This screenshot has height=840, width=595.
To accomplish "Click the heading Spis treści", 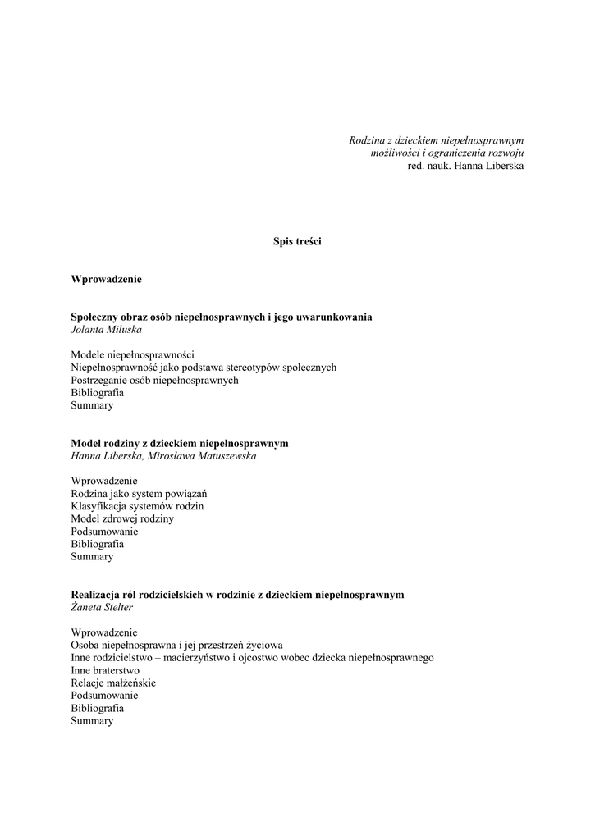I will click(297, 241).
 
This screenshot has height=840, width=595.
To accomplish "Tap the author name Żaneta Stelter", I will click(102, 607).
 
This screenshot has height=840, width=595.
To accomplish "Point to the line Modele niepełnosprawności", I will click(132, 354).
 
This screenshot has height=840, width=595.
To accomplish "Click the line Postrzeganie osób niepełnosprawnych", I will click(154, 380).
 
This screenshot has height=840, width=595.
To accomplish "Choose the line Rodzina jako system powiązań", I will click(139, 493).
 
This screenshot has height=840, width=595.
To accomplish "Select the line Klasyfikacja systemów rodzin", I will click(137, 506).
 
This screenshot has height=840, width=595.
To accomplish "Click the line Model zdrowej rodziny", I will click(122, 518).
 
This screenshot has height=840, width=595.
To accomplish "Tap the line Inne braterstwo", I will click(105, 670).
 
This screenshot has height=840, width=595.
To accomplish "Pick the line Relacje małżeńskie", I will click(113, 682).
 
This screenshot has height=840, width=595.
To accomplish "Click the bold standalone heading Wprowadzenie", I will click(106, 279).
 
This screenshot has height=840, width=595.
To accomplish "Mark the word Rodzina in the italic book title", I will click(367, 141).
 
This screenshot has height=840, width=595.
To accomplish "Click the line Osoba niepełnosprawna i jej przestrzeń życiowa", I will click(176, 645).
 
